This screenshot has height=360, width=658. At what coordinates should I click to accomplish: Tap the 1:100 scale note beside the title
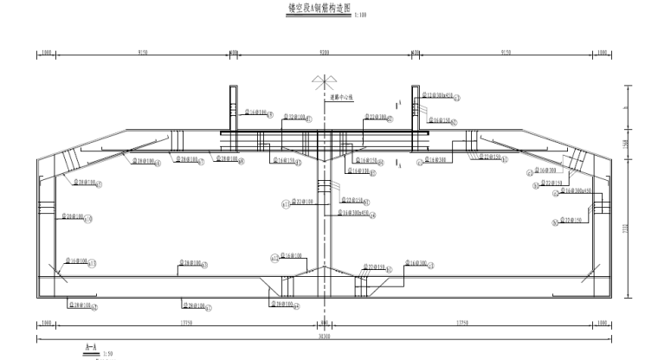[361, 14]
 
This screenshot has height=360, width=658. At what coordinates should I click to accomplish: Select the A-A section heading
[90, 347]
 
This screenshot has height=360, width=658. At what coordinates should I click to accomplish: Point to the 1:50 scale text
[107, 354]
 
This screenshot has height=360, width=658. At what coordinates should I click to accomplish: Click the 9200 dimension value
[324, 53]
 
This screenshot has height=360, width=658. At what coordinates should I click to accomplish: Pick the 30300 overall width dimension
[324, 336]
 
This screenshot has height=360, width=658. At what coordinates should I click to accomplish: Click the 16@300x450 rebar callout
[354, 212]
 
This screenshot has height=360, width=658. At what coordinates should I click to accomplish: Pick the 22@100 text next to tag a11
[302, 202]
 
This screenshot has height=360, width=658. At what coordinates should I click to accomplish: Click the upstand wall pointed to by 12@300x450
[416, 108]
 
